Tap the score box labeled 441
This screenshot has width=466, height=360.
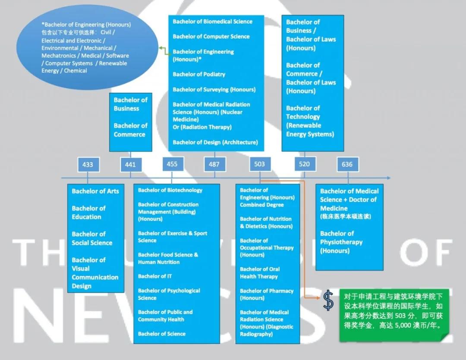[x=131, y=164]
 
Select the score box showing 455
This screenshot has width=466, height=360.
[x=173, y=164]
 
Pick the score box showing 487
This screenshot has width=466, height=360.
[x=214, y=164]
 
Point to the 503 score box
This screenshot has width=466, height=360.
[x=260, y=164]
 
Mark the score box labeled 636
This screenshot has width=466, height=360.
[x=347, y=164]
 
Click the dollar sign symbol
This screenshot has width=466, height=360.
[x=328, y=300]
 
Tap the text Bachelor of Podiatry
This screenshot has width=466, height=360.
[x=199, y=74]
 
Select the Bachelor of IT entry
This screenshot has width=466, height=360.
[x=154, y=276]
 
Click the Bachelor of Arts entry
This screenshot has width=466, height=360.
[x=95, y=191]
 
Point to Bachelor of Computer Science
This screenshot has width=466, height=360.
[x=211, y=37]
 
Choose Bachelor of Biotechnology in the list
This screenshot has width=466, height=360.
[x=170, y=190]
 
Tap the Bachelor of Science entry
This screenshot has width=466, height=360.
[x=162, y=334]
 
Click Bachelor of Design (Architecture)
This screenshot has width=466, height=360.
[x=215, y=142]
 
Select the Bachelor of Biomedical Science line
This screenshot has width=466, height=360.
[x=212, y=22]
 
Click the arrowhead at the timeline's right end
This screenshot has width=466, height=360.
[x=389, y=178]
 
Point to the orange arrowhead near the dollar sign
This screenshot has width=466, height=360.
[x=318, y=297]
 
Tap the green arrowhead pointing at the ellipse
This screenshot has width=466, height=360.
[x=161, y=47]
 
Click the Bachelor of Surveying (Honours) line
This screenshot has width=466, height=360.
[x=214, y=89]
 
